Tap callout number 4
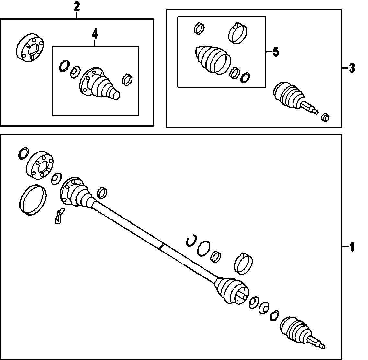point(95,33)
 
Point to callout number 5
point(275,52)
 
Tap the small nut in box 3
point(325,117)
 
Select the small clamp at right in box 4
point(127,79)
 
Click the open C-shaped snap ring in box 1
point(191,241)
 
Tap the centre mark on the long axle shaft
point(161,246)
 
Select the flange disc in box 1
point(39,164)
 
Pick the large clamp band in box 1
point(243,263)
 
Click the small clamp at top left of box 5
point(199,28)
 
